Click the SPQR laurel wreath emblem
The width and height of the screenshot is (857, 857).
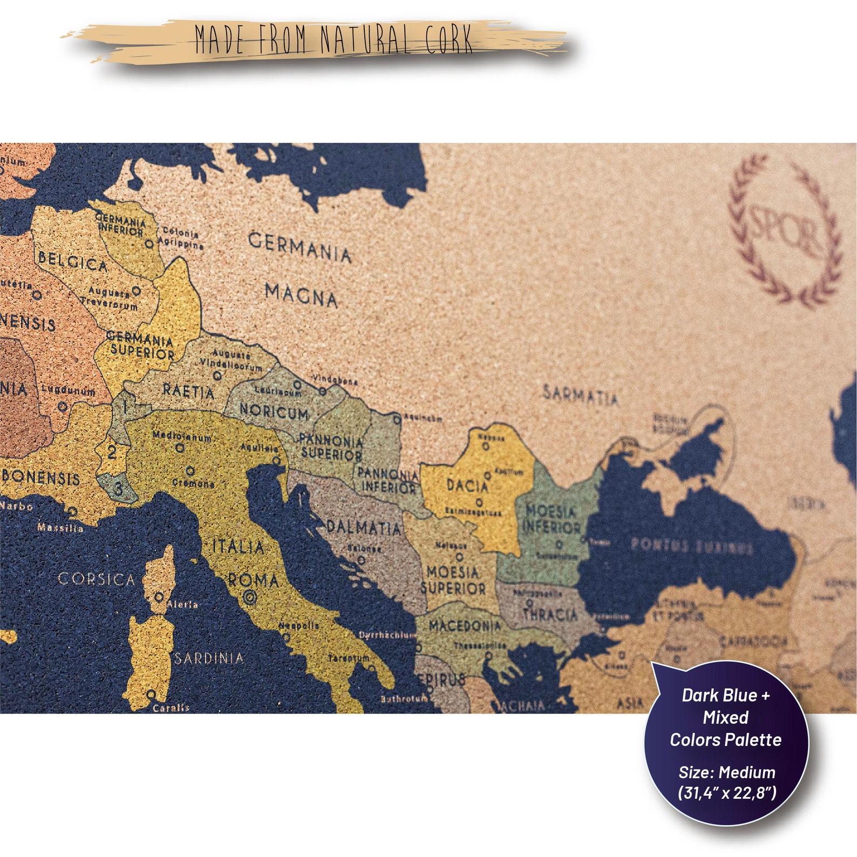click(x=785, y=230)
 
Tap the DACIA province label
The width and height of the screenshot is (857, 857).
click(x=467, y=485)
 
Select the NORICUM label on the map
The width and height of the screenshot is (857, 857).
click(x=274, y=412)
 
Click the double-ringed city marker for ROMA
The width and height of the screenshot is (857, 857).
click(x=249, y=597)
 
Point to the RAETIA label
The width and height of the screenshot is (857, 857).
click(x=188, y=390)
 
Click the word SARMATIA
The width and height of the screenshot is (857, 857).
click(x=580, y=396)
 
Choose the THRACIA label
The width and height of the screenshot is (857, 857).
click(x=550, y=614)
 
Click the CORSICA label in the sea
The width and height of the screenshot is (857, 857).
click(x=96, y=580)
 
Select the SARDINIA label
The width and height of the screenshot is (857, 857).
click(x=209, y=658)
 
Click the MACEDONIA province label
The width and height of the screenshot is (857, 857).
click(x=465, y=626)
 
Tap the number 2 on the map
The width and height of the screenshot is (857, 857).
click(x=112, y=452)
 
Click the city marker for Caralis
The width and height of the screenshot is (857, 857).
click(x=151, y=695)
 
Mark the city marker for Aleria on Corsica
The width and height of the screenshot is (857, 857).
click(x=159, y=597)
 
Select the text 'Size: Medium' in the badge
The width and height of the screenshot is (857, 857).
click(x=726, y=772)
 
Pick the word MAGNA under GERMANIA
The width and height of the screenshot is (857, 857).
click(x=301, y=295)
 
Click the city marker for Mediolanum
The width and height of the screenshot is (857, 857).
click(x=180, y=447)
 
